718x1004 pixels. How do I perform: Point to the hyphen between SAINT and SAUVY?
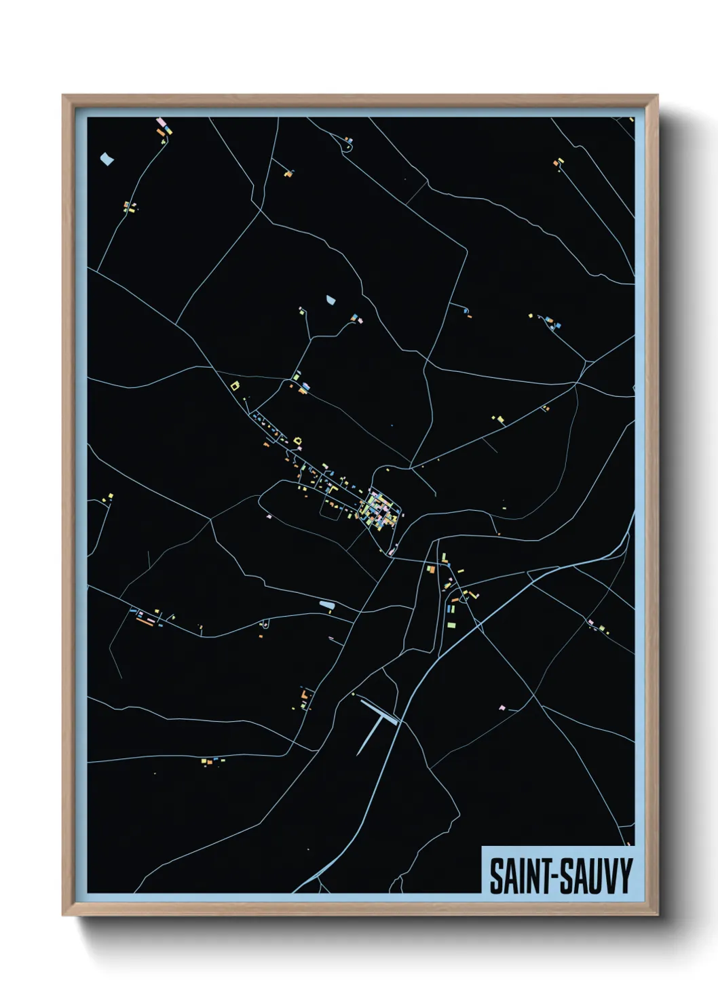(555, 877)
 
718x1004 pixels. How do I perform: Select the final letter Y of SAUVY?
(625, 876)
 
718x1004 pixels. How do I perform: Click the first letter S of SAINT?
(496, 876)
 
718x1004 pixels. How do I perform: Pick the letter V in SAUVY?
(611, 876)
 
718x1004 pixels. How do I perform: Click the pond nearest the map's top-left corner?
(107, 159)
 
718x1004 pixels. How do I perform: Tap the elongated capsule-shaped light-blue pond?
(327, 603)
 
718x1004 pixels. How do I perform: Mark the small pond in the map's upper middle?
(331, 299)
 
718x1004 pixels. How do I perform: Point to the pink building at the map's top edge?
(161, 121)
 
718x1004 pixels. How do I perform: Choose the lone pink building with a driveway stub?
(502, 708)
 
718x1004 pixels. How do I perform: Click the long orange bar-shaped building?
(145, 619)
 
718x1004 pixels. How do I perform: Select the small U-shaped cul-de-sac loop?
(265, 622)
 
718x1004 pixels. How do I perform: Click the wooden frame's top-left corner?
(63, 96)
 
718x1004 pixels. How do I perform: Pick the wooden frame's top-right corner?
(657, 96)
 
